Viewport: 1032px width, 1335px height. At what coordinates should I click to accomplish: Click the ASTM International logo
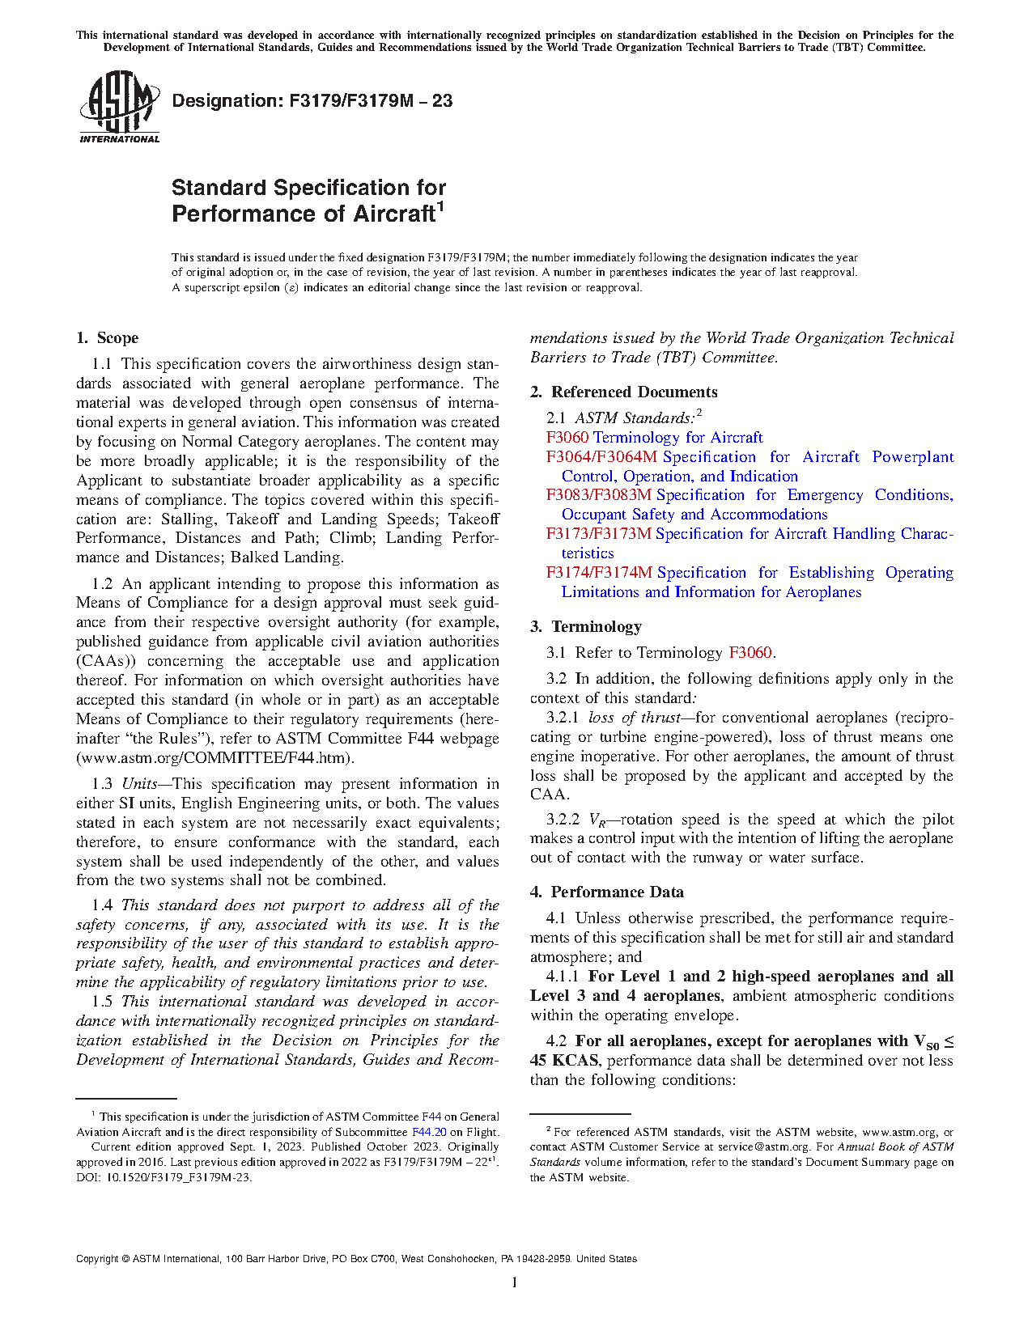[x=119, y=107]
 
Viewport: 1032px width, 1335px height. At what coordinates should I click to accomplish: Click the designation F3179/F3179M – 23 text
[x=312, y=101]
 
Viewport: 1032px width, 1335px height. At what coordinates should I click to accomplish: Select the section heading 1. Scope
[x=108, y=338]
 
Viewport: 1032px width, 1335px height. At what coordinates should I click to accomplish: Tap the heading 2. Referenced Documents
[x=624, y=392]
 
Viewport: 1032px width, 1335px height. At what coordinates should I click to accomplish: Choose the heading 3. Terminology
[x=586, y=627]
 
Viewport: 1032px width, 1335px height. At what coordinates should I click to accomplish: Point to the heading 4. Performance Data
[x=607, y=892]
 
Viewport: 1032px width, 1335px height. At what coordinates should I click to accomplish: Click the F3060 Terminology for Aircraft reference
[x=654, y=438]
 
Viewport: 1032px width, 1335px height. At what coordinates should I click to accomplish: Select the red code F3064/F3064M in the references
[x=601, y=457]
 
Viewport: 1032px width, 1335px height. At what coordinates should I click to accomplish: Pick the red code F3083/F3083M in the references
[x=598, y=495]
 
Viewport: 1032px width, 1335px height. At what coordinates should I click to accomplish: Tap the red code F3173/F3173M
[x=598, y=534]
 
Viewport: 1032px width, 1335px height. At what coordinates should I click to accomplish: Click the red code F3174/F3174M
[x=599, y=573]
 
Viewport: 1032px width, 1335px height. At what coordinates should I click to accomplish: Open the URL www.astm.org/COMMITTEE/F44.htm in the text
[x=214, y=758]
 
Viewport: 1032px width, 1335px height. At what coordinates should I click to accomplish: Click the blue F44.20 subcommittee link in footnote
[x=429, y=1132]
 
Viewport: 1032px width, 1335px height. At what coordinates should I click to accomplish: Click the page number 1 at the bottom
[x=515, y=1282]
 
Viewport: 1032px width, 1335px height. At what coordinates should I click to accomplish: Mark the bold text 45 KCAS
[x=564, y=1061]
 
